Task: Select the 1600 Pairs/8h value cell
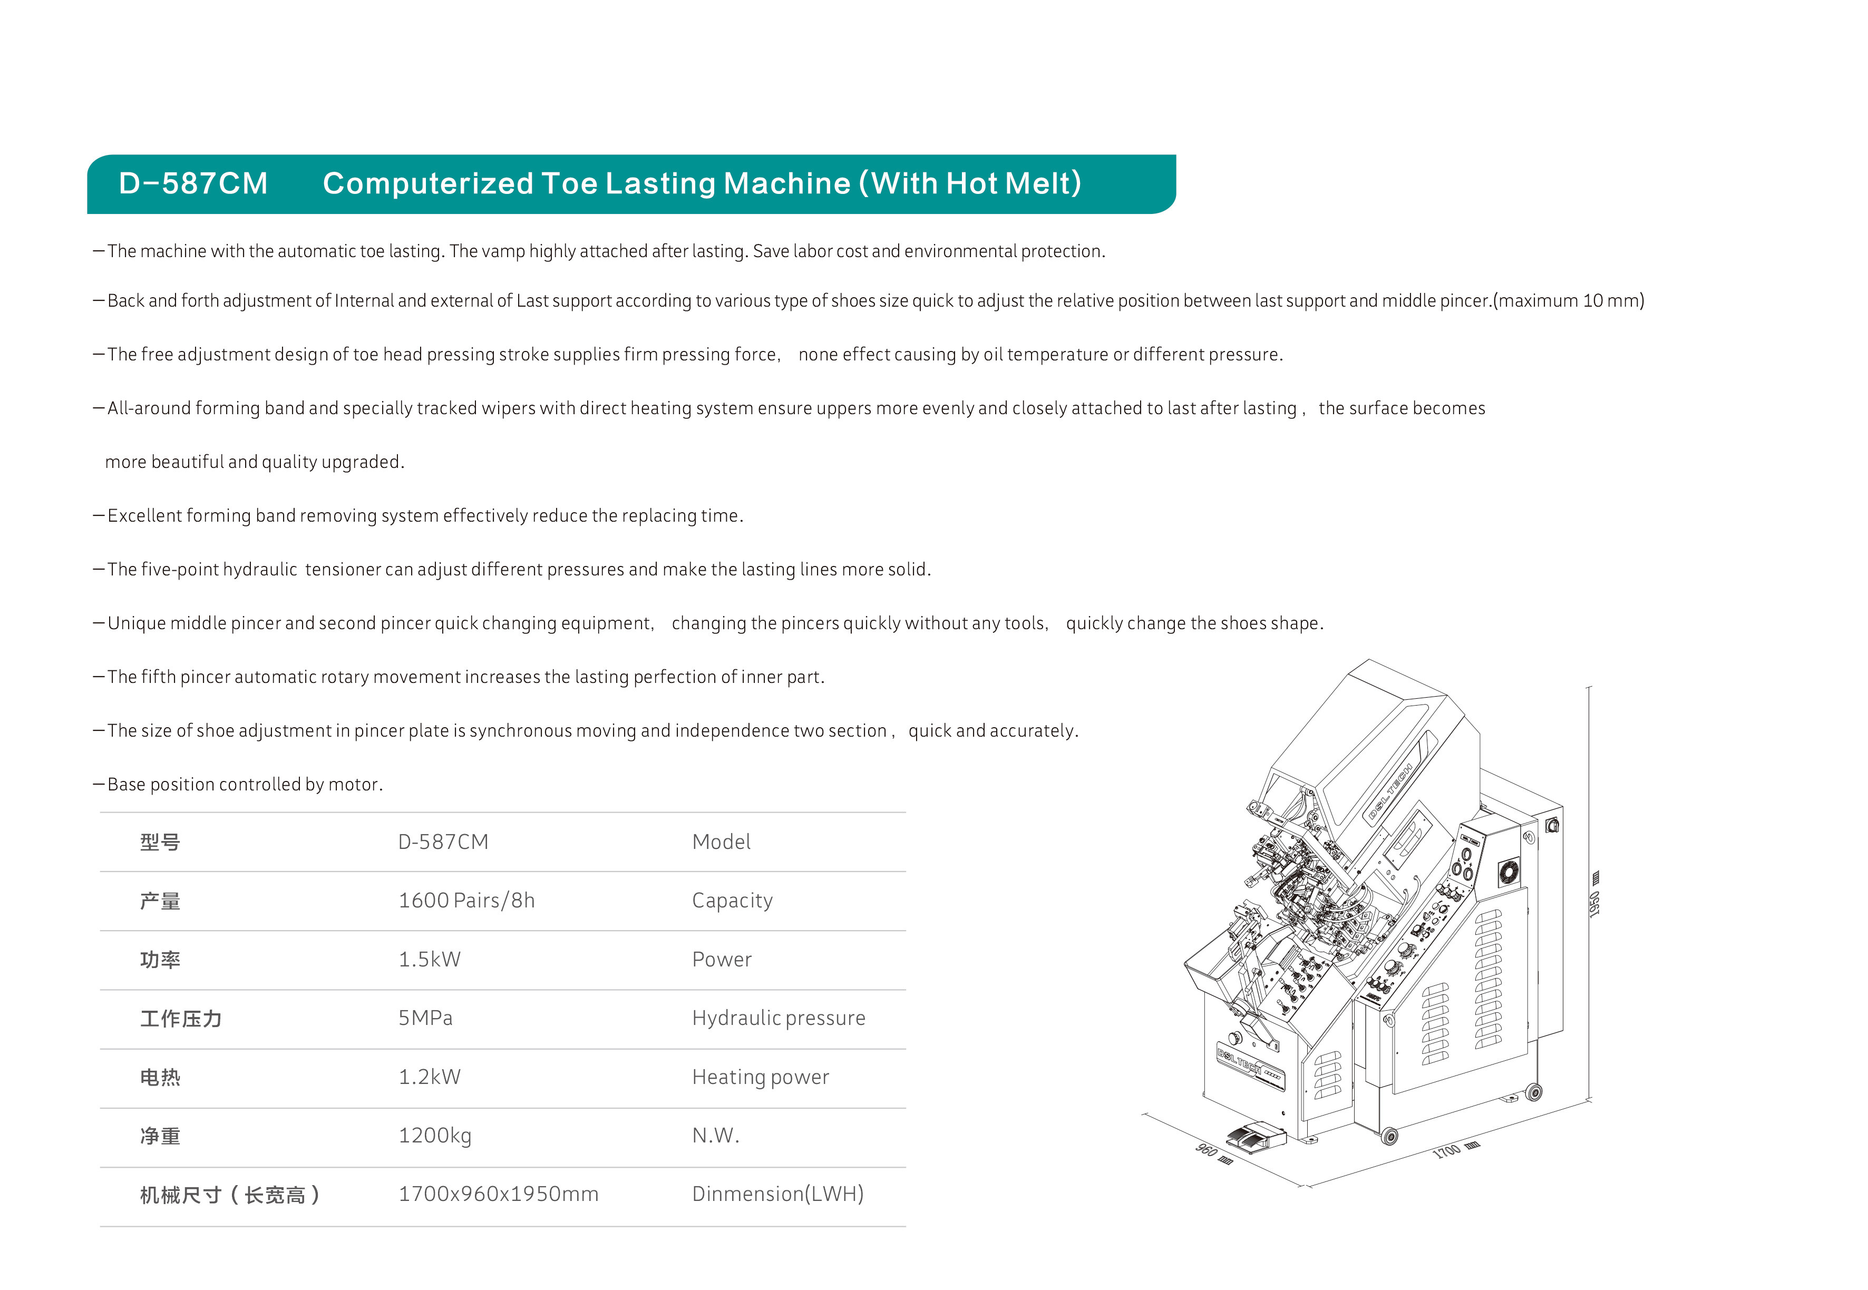(466, 901)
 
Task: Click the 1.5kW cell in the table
(429, 960)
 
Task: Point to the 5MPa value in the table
(425, 1018)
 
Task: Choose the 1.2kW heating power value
(429, 1077)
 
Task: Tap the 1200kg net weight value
(435, 1136)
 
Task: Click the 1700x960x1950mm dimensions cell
(498, 1194)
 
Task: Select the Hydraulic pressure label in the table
(779, 1018)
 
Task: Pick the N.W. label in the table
(715, 1136)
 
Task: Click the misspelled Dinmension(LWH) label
(777, 1194)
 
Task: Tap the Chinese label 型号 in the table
(160, 842)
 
